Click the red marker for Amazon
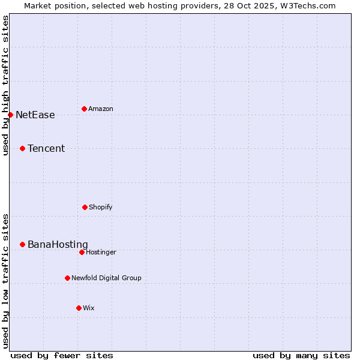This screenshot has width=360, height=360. pos(84,109)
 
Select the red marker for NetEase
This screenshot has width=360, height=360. pos(10,115)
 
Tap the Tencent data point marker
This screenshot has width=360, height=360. pos(22,148)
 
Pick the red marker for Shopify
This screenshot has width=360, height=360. pos(85,207)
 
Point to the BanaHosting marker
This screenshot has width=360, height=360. pos(22,244)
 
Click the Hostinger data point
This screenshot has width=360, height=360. pos(82,252)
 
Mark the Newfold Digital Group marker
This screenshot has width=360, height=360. pos(67,278)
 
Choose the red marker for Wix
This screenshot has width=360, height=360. pos(79,308)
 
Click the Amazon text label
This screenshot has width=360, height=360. pos(101,109)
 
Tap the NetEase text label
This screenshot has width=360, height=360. pos(35,115)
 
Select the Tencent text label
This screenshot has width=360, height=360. pos(46,149)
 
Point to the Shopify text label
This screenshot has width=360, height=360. pos(101,208)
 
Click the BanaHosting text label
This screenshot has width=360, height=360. pos(58,245)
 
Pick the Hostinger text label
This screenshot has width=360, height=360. pos(101,253)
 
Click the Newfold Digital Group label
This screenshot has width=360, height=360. pos(106,278)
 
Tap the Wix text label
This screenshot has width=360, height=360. pos(89,308)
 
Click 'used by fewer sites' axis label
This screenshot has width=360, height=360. pos(62,356)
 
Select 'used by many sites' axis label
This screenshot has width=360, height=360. pos(301,356)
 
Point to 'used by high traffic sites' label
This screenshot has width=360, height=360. pos(6,86)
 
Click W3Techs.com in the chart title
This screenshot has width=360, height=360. pos(306,5)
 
